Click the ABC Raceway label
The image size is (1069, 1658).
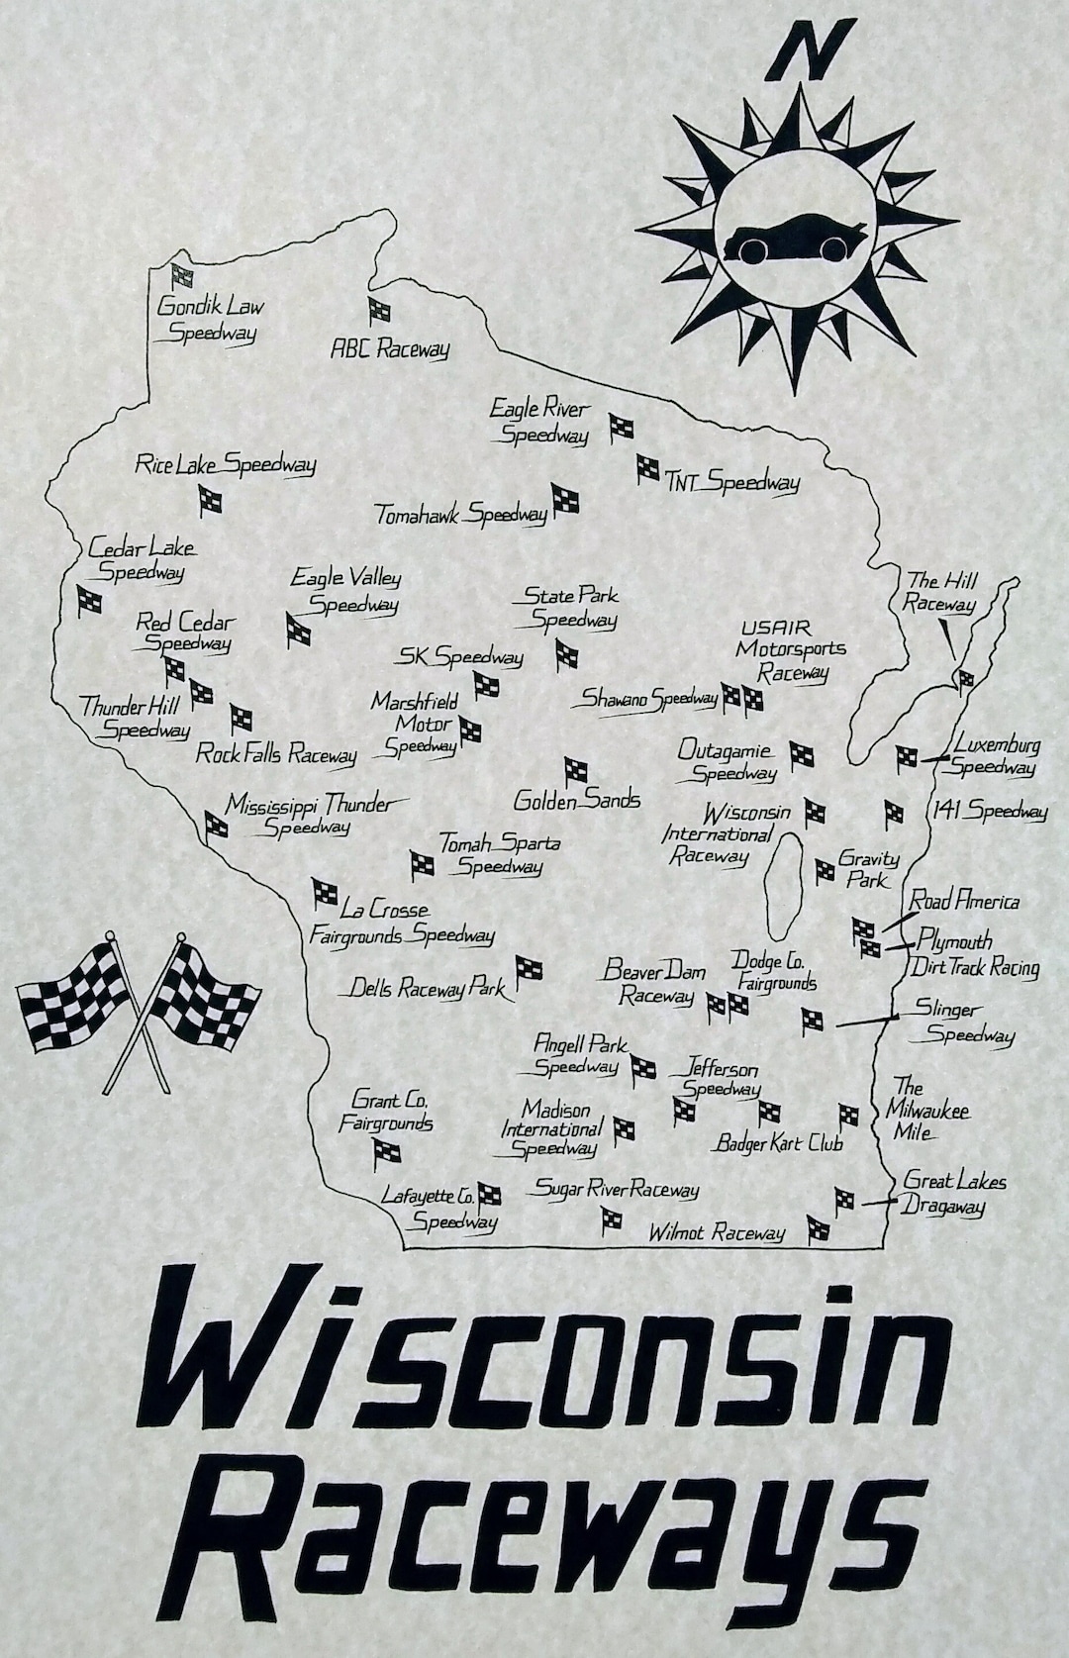(390, 348)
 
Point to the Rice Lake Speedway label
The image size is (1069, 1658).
(226, 464)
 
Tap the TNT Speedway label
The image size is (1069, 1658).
(732, 483)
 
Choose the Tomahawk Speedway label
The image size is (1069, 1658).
(461, 515)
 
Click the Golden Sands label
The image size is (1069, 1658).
(577, 800)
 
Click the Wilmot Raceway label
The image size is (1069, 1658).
(717, 1232)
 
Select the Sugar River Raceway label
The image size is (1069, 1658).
(618, 1190)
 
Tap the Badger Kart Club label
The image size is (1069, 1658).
(780, 1143)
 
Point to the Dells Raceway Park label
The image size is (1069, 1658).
(428, 988)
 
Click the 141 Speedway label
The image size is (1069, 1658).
(988, 811)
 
